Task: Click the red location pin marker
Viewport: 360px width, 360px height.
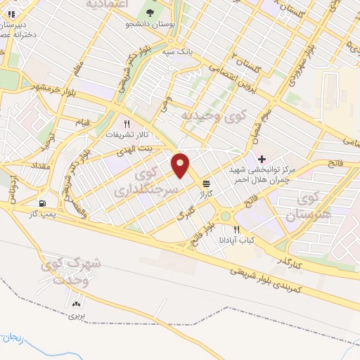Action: pos(181,165)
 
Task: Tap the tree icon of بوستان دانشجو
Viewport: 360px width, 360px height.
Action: pos(150,13)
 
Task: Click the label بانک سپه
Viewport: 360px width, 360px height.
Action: pos(176,52)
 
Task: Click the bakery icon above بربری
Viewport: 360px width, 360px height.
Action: pos(75,304)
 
